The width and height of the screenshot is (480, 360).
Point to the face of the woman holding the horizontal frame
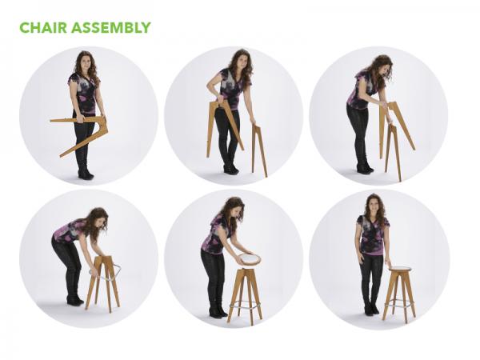point(86,63)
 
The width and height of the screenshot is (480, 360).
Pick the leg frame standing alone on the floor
point(259,148)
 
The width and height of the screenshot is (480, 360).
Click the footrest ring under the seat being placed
point(244,305)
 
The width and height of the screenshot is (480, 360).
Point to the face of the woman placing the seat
point(230,213)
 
